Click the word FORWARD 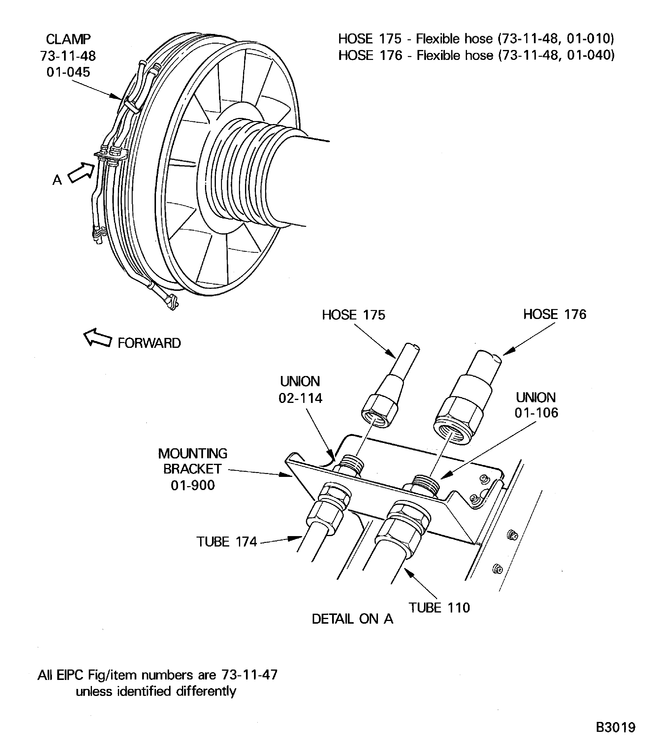coord(149,343)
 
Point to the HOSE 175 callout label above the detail coord(353,315)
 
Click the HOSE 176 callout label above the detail coord(555,314)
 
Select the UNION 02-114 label coord(300,389)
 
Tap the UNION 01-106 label coord(536,405)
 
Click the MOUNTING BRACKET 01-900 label coord(193,469)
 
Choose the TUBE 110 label coord(439,608)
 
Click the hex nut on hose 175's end coord(379,411)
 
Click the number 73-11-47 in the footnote coord(249,675)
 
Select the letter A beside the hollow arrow coord(57,180)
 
